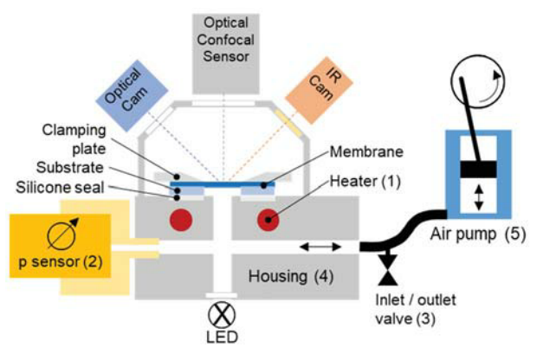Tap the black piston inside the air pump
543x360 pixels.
click(477, 170)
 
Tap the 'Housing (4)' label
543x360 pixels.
click(288, 277)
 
